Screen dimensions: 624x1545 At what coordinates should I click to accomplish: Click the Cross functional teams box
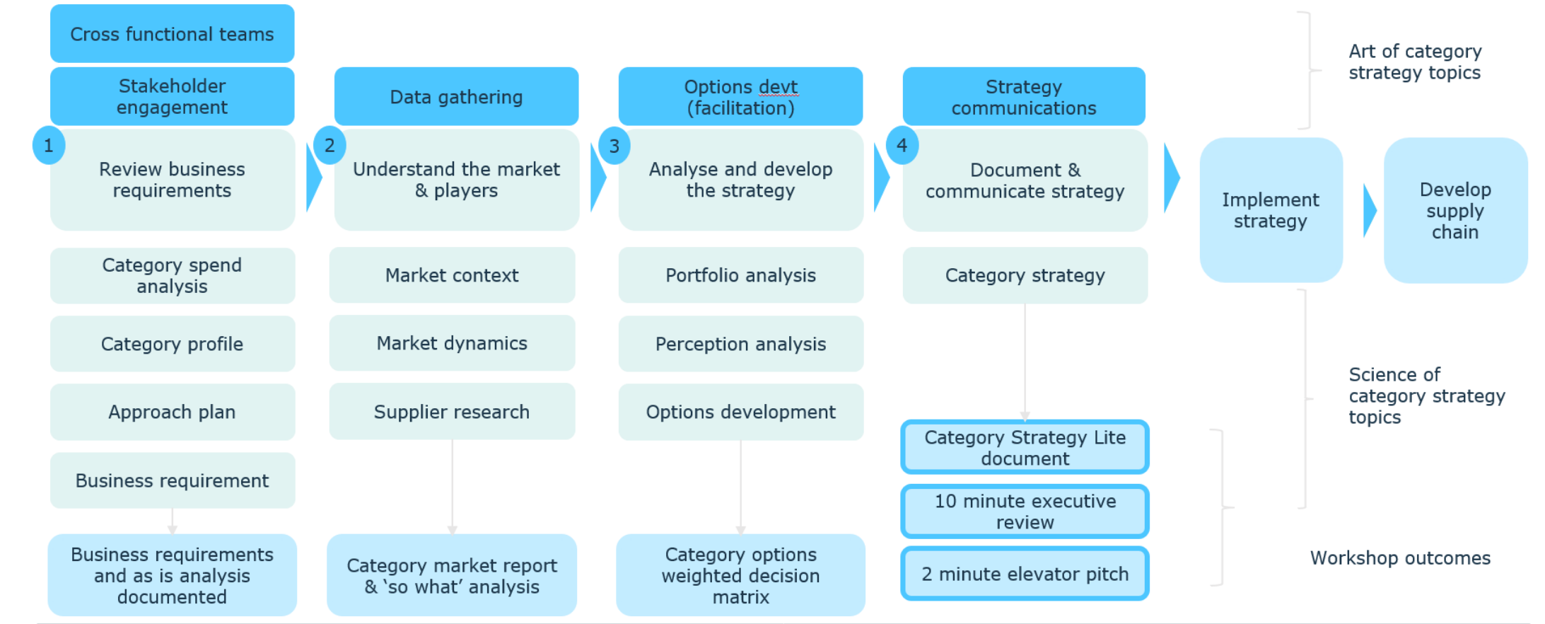tap(172, 34)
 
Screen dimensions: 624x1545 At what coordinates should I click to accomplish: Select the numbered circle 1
tap(48, 146)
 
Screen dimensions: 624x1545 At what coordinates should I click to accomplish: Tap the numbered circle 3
tap(614, 146)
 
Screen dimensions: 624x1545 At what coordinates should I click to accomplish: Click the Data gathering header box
tap(456, 97)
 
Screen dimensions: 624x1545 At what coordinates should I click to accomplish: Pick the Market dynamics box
tap(452, 343)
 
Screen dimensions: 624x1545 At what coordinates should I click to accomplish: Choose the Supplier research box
tap(452, 412)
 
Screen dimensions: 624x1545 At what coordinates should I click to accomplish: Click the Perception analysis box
tap(740, 344)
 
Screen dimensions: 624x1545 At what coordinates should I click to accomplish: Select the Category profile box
tap(172, 344)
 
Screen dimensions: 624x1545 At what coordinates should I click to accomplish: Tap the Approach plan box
tap(172, 412)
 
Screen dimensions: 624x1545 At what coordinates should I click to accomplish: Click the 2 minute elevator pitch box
tap(1025, 574)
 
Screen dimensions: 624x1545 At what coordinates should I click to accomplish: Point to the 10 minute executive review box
tap(1025, 512)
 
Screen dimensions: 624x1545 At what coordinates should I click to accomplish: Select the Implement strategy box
tap(1271, 210)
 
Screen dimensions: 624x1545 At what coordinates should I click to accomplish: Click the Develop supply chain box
tap(1455, 210)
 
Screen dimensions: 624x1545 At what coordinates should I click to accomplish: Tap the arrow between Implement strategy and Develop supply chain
tap(1370, 210)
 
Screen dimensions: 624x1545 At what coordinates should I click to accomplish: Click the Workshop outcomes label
tap(1400, 557)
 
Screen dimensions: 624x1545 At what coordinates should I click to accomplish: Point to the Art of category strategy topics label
tap(1414, 62)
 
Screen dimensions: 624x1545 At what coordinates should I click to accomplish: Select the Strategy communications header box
tap(1023, 97)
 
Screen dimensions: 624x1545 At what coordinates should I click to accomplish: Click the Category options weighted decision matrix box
tap(740, 575)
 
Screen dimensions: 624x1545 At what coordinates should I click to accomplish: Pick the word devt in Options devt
tap(778, 87)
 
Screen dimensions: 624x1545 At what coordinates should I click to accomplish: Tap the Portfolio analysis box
tap(740, 275)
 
